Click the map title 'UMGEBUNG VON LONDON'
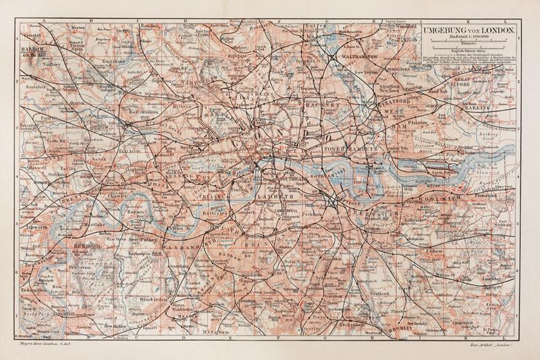[x=468, y=30]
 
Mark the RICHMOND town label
[x=89, y=247]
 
